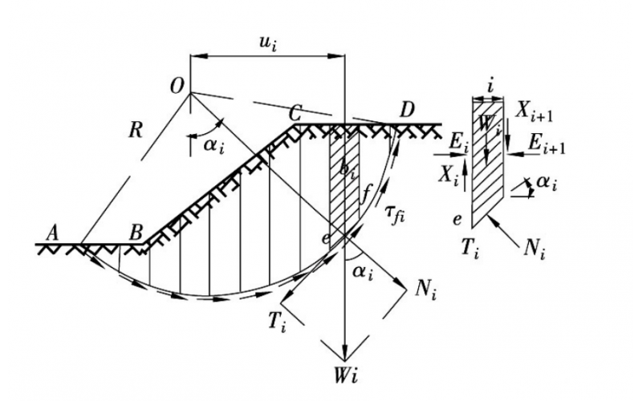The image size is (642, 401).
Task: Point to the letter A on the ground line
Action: tap(54, 231)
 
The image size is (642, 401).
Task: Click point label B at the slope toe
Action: tap(136, 232)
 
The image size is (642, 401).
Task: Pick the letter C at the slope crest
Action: tap(296, 110)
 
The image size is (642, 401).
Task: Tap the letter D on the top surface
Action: tap(406, 109)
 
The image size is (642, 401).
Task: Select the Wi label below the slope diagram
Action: tap(344, 375)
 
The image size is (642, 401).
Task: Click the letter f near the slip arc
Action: tap(368, 192)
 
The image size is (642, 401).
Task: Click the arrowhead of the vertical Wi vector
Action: tap(343, 353)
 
